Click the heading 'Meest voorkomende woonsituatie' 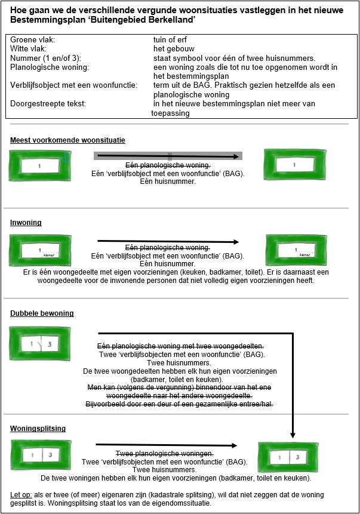(67, 140)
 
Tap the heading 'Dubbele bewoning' (42, 313)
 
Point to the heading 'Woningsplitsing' (38, 428)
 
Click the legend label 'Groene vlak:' (33, 39)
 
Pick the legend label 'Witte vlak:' (30, 48)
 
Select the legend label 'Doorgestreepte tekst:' (48, 104)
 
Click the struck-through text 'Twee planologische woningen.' (164, 453)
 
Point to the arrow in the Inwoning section (168, 242)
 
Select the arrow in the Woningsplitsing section (167, 445)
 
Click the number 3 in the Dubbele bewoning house (50, 344)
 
